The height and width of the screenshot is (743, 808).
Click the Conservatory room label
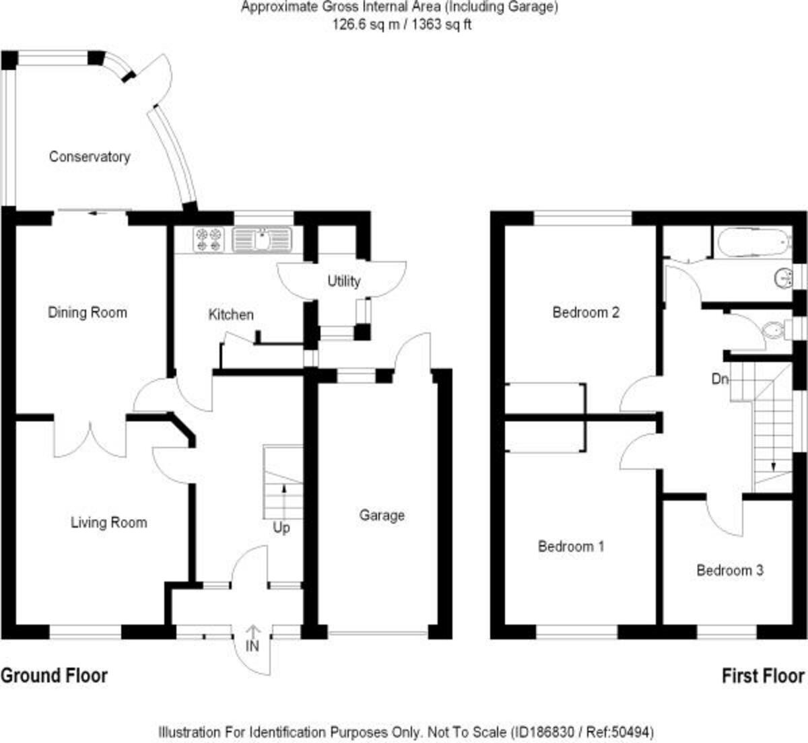[89, 157]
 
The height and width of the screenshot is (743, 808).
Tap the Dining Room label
[87, 312]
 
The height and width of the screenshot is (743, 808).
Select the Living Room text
[108, 522]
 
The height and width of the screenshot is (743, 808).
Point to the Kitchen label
[231, 314]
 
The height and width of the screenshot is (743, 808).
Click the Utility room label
[343, 281]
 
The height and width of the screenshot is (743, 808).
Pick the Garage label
[382, 515]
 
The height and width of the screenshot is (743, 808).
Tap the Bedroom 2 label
[586, 312]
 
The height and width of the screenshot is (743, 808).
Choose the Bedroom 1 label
[571, 546]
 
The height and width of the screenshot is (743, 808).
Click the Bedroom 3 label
[730, 570]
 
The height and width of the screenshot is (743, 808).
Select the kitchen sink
[261, 240]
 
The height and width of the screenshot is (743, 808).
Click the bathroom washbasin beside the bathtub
[782, 277]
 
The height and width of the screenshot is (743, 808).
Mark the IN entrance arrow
[252, 639]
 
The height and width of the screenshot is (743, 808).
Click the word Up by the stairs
[281, 528]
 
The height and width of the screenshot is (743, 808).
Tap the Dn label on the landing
[720, 379]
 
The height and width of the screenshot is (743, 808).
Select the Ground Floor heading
[54, 675]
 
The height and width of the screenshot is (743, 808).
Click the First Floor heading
[763, 675]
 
